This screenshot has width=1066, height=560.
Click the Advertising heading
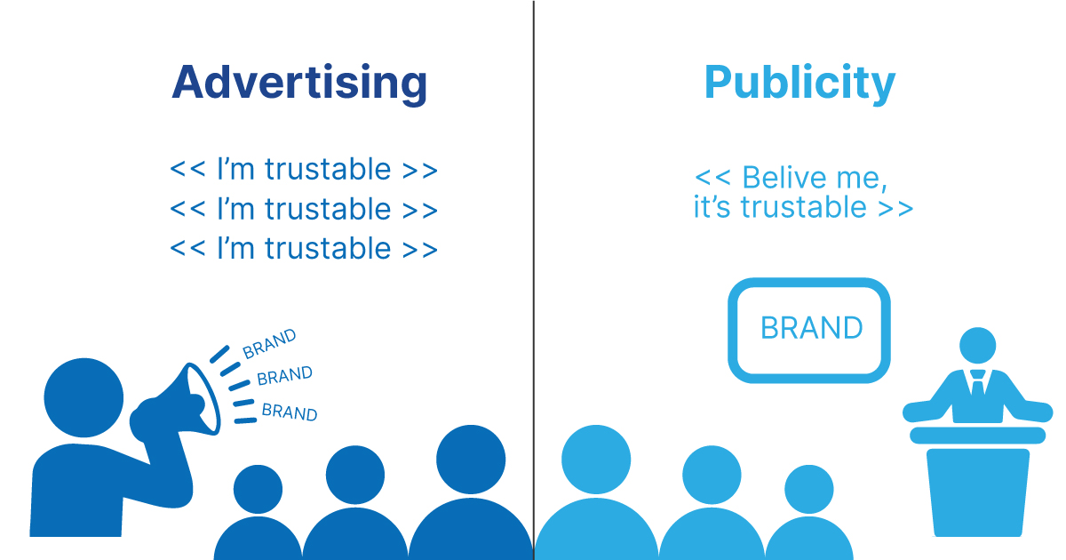tap(299, 83)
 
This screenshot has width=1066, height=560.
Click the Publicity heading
tap(800, 83)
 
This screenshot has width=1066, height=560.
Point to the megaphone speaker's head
tap(84, 397)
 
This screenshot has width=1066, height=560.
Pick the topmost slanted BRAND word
tap(269, 343)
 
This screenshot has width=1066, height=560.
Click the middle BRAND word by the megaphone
tap(284, 375)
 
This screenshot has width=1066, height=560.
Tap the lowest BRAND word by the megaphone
tap(290, 412)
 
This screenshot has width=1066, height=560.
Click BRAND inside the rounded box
tap(811, 328)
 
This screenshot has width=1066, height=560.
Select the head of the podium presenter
tap(977, 345)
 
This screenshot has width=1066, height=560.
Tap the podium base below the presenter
tap(977, 492)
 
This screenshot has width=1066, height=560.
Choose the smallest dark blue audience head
tap(258, 489)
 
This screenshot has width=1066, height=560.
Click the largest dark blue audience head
tap(471, 460)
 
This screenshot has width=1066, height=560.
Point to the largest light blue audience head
tap(596, 460)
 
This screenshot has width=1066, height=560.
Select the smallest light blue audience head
tap(809, 489)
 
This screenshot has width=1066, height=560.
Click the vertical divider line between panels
tap(534, 280)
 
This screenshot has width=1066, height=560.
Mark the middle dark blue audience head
tap(355, 475)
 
